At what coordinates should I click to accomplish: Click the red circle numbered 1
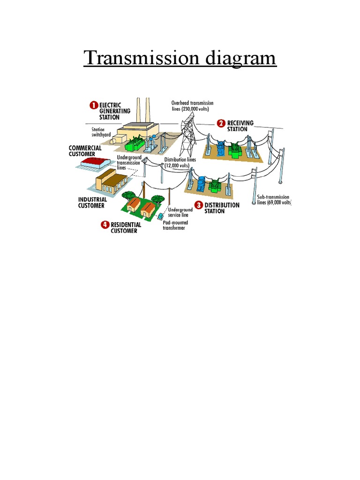click(x=94, y=105)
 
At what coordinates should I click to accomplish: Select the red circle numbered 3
click(x=199, y=205)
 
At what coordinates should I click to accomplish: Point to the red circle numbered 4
click(x=105, y=225)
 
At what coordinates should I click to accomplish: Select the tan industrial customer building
click(x=111, y=180)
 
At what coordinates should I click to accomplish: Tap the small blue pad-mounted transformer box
click(x=161, y=217)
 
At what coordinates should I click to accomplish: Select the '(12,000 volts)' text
click(x=177, y=165)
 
